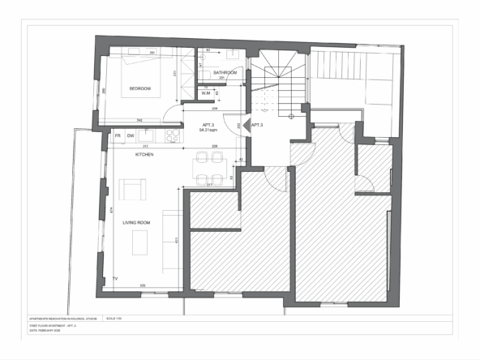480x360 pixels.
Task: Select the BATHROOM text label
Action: tap(225, 73)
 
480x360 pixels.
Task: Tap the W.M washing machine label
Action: tap(206, 93)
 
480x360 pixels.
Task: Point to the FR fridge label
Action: tap(118, 135)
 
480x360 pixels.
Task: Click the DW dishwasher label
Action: tap(131, 135)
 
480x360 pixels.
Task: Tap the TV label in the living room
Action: tap(115, 279)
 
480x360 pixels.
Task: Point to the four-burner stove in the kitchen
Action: tap(172, 135)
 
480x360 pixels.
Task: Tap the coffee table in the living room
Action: tap(141, 241)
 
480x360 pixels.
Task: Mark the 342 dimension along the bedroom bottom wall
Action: tap(139, 120)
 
